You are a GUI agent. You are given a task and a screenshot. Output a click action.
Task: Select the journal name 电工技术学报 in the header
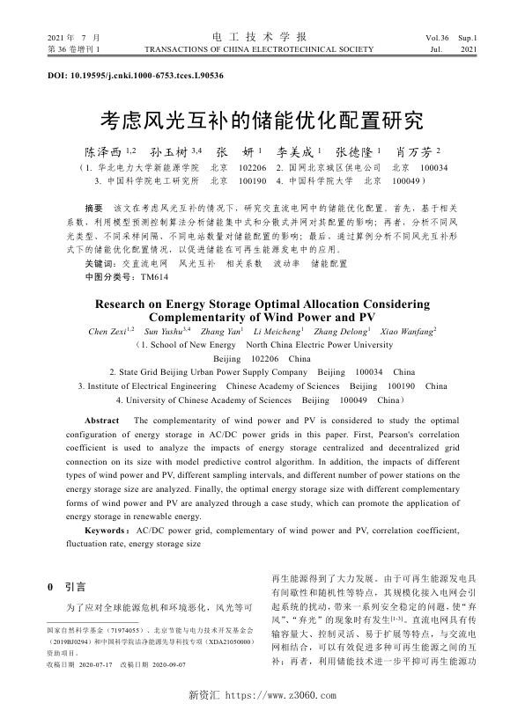tap(262, 38)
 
